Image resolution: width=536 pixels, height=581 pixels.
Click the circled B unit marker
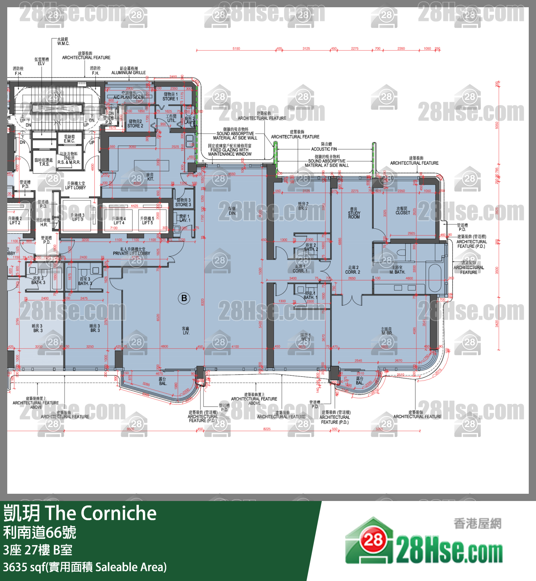click(184, 298)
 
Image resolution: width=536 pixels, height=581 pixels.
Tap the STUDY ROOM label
click(354, 213)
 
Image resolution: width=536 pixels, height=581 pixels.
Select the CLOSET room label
click(403, 211)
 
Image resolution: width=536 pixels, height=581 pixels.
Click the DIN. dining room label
click(232, 211)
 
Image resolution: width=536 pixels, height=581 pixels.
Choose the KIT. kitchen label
click(150, 177)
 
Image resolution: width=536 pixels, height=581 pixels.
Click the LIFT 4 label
click(119, 221)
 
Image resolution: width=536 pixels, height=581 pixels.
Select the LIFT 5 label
click(147, 221)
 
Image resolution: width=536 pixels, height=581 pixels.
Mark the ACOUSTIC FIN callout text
click(324, 149)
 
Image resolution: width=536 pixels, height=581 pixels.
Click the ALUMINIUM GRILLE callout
click(129, 72)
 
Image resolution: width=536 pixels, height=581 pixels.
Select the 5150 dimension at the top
click(236, 49)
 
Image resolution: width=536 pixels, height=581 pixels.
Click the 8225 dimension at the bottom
click(267, 429)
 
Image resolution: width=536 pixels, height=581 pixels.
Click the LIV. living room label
click(186, 331)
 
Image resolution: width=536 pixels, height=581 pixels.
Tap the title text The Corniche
click(101, 513)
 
